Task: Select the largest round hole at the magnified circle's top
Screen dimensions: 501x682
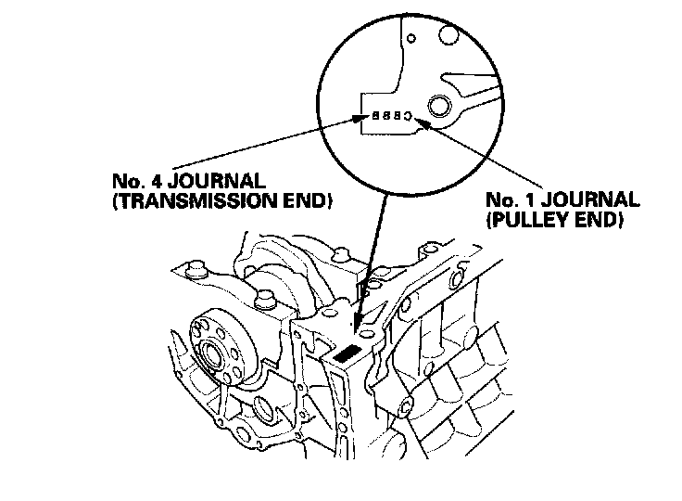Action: click(x=446, y=36)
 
